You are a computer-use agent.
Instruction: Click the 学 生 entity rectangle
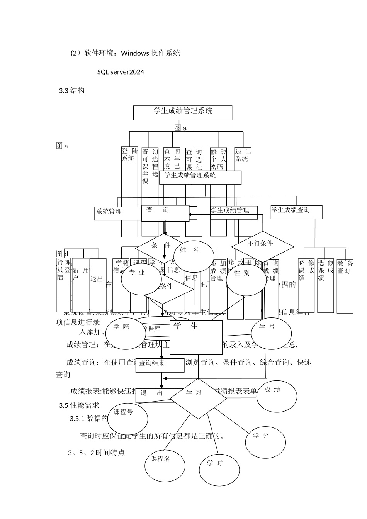pos(196,337)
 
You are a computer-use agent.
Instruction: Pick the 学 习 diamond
pos(198,398)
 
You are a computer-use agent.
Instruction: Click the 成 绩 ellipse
pos(277,396)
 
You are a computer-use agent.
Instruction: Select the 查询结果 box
pos(160,365)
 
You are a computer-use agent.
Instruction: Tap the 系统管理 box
pos(118,213)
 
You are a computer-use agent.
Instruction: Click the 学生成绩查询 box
pos(296,212)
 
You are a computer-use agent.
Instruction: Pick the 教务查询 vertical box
pos(345,286)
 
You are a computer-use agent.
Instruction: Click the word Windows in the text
pos(135,53)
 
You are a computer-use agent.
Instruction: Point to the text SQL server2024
pos(121,72)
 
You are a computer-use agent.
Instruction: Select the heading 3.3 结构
pos(71,91)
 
